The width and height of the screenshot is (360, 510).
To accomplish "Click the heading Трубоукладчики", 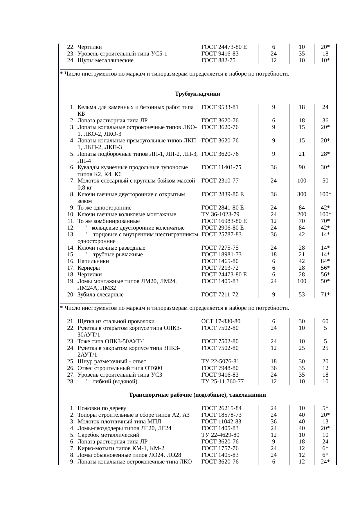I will click(x=197, y=94).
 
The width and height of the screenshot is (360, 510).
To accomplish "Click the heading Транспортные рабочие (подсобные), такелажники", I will click(x=197, y=395).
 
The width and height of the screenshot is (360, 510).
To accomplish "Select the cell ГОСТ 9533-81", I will click(x=220, y=107).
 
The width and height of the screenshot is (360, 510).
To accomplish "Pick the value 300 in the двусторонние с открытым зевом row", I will click(x=302, y=194).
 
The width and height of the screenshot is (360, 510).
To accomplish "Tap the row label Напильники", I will click(x=93, y=261).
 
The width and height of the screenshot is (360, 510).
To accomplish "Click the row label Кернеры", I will click(x=89, y=268).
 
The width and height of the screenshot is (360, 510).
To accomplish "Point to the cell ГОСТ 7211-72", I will click(x=220, y=295).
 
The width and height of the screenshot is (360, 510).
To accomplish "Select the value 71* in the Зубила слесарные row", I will click(x=325, y=295).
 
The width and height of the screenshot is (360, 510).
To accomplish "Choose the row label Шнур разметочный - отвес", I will click(x=112, y=362).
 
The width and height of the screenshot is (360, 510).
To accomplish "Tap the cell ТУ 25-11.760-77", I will click(x=222, y=382).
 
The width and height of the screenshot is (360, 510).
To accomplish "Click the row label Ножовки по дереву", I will click(x=102, y=408).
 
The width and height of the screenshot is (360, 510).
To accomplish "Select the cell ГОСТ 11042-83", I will click(x=221, y=422).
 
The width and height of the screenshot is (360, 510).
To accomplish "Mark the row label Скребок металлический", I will click(x=108, y=435).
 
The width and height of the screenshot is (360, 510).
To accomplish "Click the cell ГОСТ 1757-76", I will click(x=220, y=448).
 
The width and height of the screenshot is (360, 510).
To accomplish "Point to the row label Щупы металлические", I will click(x=105, y=60).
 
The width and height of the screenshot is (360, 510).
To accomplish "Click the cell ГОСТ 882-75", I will click(x=218, y=60).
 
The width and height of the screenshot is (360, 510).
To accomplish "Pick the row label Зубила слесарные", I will click(x=100, y=295).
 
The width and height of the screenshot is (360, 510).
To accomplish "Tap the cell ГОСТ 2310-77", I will click(x=220, y=181).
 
